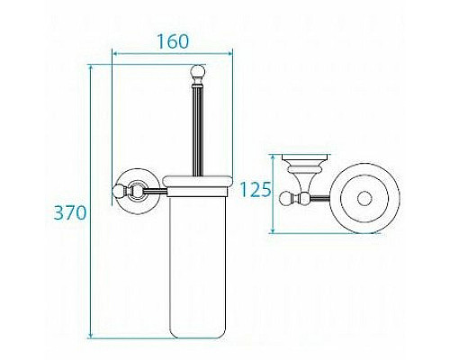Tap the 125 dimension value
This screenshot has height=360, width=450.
(x=257, y=190)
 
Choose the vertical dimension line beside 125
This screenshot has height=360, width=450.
(x=273, y=193)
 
